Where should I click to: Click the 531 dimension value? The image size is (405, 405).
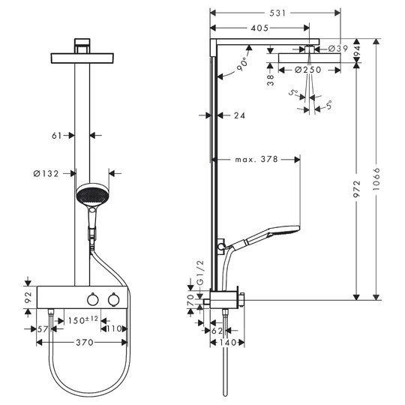(277, 13)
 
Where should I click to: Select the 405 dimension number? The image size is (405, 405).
(259, 28)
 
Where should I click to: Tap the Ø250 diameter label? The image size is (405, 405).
(308, 70)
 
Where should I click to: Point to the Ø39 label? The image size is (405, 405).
(338, 48)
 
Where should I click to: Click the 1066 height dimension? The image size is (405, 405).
(376, 179)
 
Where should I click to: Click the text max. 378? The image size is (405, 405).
(256, 159)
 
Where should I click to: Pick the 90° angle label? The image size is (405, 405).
(242, 64)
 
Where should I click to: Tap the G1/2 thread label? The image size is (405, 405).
(200, 273)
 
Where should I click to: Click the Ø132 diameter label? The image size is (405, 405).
(46, 173)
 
